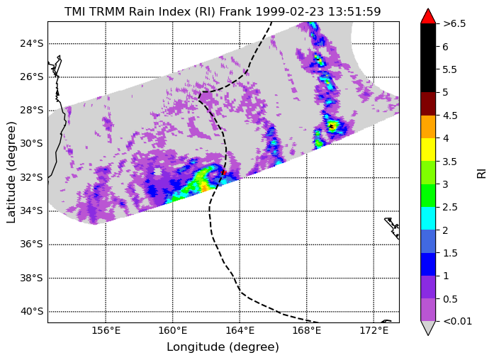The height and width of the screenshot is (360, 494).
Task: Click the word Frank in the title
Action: [x=235, y=11]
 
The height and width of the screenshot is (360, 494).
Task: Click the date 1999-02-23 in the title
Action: [x=290, y=11]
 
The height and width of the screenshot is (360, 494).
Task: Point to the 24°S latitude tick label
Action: [x=31, y=43]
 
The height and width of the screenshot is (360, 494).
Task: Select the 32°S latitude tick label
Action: [x=31, y=178]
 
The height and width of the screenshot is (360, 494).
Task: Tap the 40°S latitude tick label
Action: [x=31, y=312]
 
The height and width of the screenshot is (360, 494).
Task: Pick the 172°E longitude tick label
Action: [x=374, y=331]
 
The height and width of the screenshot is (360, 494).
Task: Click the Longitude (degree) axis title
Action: [x=223, y=347]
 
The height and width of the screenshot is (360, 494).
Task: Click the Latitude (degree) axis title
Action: [x=11, y=173]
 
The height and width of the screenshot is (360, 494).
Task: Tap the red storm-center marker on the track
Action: [x=224, y=173]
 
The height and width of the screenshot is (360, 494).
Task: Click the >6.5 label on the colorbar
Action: [x=454, y=23]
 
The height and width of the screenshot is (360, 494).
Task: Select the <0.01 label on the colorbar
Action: [x=457, y=322]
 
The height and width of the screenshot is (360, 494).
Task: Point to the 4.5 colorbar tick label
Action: [x=449, y=116]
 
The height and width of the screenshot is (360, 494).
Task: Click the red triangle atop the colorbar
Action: [x=428, y=16]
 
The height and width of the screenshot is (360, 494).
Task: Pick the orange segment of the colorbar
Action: [x=428, y=127]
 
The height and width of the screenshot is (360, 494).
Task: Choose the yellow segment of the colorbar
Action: [x=428, y=150]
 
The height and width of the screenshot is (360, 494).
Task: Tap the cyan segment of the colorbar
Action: [x=428, y=218]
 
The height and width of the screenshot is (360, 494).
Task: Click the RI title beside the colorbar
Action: [x=482, y=174]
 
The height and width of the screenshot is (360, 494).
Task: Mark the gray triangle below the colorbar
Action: [x=428, y=328]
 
